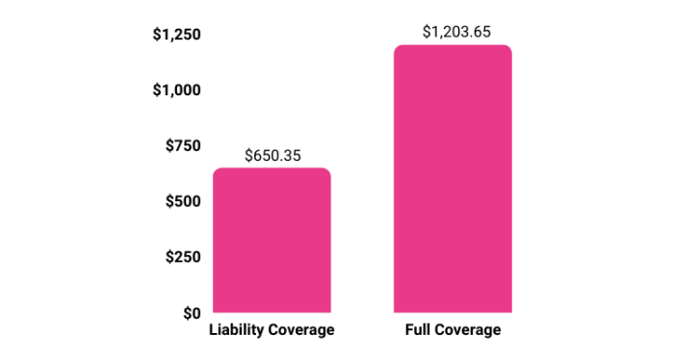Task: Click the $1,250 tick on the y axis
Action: [x=176, y=36]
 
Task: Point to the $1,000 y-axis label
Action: [x=176, y=90]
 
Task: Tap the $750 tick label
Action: [x=182, y=146]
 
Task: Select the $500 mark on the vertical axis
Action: [x=182, y=201]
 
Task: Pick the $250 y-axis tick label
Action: [x=182, y=257]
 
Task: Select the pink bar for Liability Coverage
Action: [x=272, y=241]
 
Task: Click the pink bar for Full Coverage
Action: [x=453, y=179]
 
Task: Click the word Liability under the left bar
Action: [x=237, y=330]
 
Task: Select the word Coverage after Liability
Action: [x=300, y=330]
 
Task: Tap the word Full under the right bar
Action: [x=420, y=330]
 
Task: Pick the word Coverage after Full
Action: [x=469, y=330]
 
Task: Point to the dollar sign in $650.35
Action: [x=248, y=154]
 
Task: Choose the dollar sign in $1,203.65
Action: [x=427, y=31]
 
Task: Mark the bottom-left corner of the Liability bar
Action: [x=215, y=311]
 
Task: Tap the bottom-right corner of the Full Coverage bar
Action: [x=510, y=311]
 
